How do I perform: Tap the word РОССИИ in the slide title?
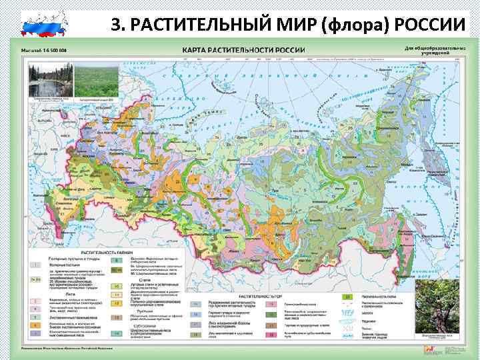click(433, 25)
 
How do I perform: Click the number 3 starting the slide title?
click(115, 25)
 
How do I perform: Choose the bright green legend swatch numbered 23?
click(365, 296)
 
